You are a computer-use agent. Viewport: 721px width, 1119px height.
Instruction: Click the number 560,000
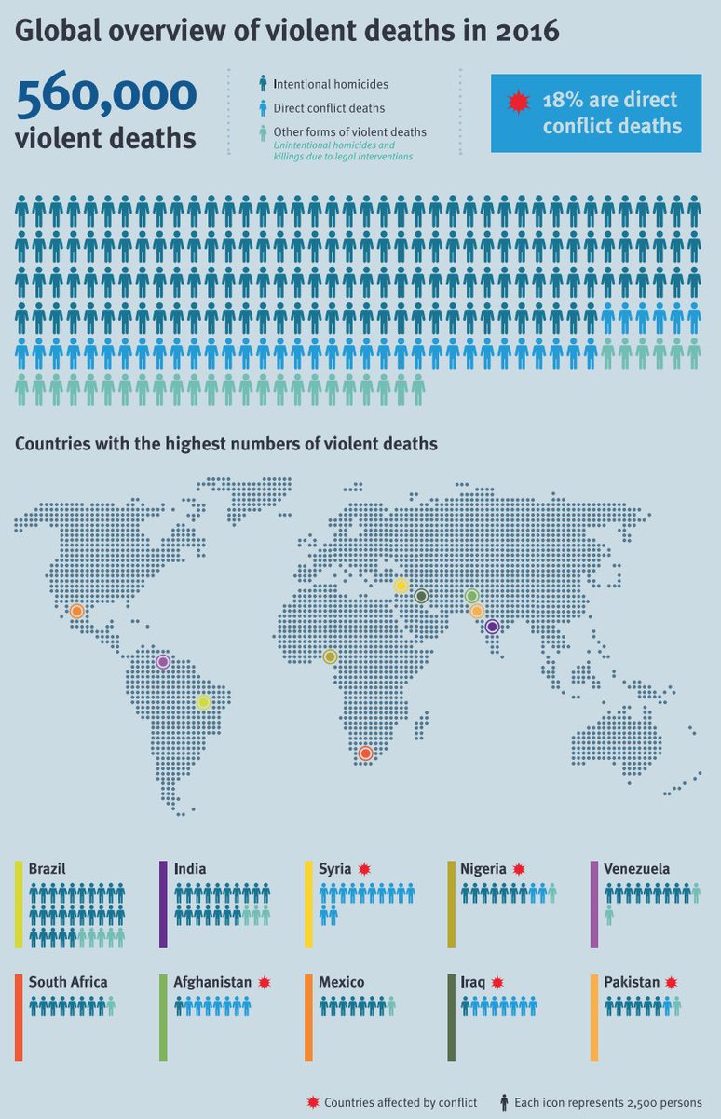(x=106, y=96)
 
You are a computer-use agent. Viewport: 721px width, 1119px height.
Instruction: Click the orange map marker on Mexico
(x=76, y=611)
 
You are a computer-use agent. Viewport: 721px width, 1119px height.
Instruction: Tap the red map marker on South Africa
(x=366, y=753)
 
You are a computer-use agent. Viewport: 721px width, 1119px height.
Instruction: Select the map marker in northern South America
(x=163, y=662)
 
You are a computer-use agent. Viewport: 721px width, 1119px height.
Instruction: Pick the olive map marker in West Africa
(x=330, y=656)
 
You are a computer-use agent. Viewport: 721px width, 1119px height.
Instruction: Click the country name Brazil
(x=48, y=868)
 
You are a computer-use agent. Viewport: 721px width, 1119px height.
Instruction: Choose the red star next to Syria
(x=364, y=868)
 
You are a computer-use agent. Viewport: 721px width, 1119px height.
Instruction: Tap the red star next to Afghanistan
(x=265, y=982)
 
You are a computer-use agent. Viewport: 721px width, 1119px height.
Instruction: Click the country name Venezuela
(x=636, y=868)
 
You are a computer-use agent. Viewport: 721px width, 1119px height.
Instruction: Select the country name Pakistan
(x=633, y=982)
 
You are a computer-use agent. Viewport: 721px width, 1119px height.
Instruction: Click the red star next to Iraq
(x=497, y=982)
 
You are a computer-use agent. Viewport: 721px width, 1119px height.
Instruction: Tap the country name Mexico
(x=342, y=982)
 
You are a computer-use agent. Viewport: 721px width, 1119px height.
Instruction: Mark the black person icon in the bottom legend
(x=505, y=1102)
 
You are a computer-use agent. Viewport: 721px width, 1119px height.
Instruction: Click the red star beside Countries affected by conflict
(x=312, y=1102)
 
